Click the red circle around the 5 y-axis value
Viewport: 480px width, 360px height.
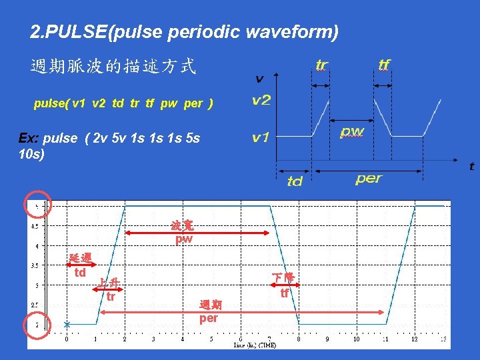37,205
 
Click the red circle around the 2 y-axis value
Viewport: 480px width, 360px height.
37,325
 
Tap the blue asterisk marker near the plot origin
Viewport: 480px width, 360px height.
67,325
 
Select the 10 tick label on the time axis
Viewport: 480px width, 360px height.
356,339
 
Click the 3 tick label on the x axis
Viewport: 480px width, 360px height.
153,339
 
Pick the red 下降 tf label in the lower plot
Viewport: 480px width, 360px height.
284,285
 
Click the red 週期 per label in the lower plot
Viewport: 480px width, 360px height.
209,312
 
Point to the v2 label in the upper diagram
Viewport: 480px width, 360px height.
261,101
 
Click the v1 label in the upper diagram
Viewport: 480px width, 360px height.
261,138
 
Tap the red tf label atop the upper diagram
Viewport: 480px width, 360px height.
384,65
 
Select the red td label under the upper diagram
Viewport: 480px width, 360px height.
295,181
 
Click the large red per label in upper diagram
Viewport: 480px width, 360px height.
369,179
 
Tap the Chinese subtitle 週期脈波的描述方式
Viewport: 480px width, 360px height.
113,67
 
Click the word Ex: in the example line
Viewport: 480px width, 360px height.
29,138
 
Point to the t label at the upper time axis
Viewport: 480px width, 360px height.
471,167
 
